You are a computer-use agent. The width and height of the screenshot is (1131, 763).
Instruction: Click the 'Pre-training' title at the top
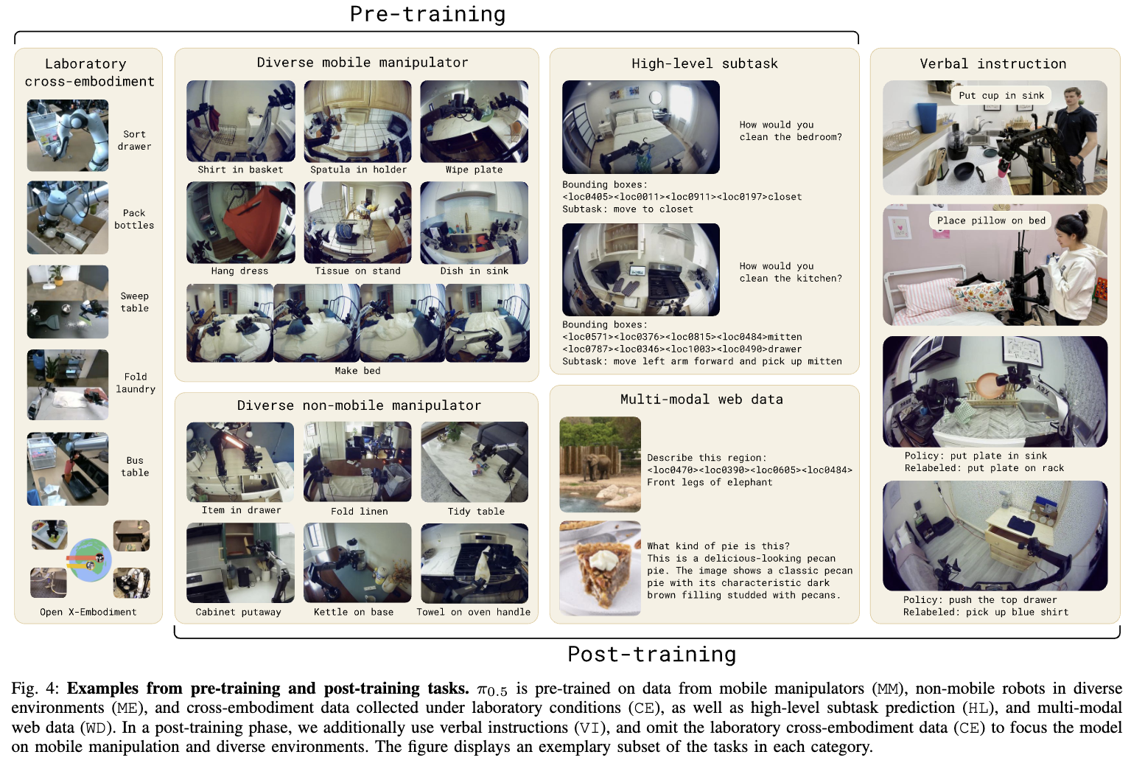[427, 14]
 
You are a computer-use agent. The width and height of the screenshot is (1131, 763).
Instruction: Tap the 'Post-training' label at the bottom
[652, 655]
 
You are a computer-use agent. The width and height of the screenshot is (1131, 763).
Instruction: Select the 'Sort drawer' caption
[134, 140]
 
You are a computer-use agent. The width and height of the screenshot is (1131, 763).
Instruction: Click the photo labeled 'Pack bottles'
[68, 217]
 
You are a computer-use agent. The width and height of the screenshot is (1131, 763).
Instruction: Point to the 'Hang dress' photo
[241, 223]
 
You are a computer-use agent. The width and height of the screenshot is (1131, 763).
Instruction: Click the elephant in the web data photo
[596, 466]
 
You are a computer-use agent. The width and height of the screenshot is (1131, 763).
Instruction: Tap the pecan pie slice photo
[600, 568]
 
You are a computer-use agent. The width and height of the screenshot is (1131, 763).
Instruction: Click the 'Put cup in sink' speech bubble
[1001, 96]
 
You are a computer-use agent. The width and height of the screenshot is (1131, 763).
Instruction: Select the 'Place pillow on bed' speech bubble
[990, 220]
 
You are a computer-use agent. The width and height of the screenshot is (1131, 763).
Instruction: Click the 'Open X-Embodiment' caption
[88, 612]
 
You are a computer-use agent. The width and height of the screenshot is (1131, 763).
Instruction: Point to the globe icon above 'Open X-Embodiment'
[90, 560]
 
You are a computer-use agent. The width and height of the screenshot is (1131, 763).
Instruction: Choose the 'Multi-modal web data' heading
[701, 399]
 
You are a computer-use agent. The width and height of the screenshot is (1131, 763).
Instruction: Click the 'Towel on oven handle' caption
[473, 612]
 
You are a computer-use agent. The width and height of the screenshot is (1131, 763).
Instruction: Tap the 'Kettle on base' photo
[357, 563]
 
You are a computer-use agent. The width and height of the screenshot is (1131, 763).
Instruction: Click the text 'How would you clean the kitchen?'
[791, 272]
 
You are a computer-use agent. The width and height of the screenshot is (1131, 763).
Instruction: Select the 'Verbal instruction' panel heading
[992, 63]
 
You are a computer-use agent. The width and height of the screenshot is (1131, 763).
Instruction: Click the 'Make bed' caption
[357, 370]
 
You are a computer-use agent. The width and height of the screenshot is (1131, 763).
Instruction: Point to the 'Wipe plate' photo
[474, 122]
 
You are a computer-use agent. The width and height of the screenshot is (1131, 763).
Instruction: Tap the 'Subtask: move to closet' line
[628, 209]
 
